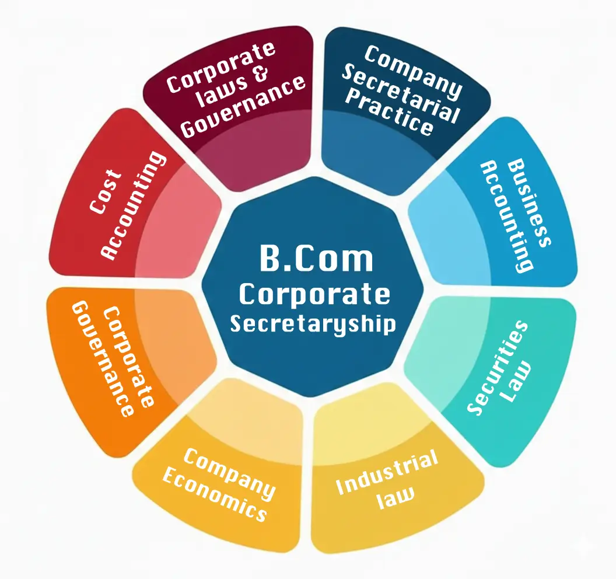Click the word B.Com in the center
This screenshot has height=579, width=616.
316,259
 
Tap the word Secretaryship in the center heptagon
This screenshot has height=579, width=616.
313,323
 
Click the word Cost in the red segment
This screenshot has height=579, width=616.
105,191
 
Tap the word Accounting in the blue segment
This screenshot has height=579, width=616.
505,216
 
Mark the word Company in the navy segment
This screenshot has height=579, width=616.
412,72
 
